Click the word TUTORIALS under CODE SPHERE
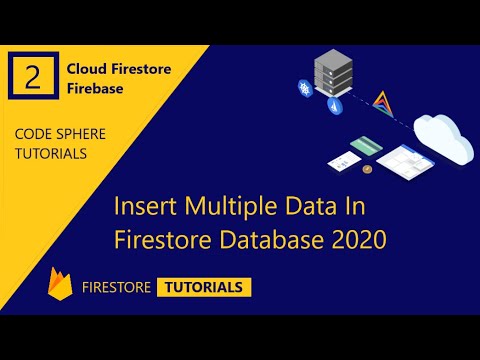50,153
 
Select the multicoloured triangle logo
383,100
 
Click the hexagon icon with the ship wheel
302,89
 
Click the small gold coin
368,170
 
